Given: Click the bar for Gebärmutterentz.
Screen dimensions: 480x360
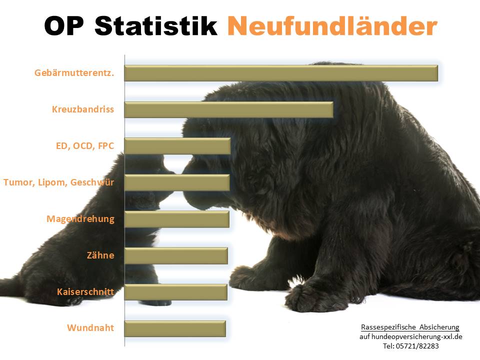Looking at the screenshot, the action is (x=281, y=73).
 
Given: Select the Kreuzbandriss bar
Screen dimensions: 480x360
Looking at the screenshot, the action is (x=228, y=109).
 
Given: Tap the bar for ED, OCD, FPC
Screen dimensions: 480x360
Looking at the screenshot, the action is (x=177, y=146).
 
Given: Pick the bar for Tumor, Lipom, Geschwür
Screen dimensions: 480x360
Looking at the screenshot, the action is (x=177, y=182).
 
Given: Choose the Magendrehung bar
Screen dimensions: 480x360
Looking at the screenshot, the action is (x=176, y=219).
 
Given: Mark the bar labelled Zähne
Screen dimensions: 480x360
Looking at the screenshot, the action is (x=176, y=255).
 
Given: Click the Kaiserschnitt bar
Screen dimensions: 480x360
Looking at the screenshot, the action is (x=175, y=292).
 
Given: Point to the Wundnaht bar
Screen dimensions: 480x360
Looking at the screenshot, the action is (x=175, y=328).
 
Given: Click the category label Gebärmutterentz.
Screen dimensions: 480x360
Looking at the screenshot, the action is (x=74, y=73).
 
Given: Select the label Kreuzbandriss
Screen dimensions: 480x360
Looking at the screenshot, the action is (x=83, y=109).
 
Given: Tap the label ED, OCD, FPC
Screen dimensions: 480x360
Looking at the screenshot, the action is (x=85, y=146).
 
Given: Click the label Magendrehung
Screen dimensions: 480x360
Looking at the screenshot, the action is (x=80, y=219).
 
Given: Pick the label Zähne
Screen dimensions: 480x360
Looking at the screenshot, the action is (x=100, y=255).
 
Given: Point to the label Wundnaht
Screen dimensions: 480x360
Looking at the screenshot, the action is (x=90, y=328).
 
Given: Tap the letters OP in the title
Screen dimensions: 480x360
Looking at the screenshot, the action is (x=64, y=25).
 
